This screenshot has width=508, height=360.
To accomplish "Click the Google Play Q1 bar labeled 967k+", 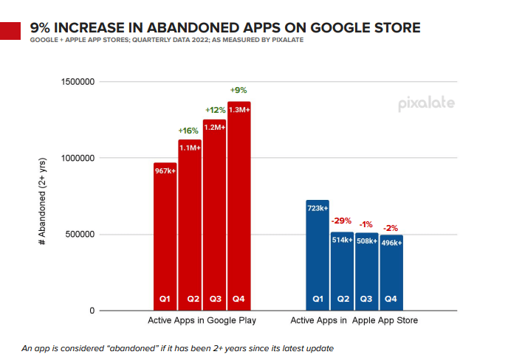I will click(165, 236).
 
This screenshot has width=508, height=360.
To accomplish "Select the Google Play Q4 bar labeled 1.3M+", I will click(239, 206).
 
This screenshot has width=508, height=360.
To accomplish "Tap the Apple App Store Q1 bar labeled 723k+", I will click(317, 255).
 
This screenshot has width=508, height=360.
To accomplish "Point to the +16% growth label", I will click(190, 131).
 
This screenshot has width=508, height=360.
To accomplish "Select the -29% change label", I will click(342, 220).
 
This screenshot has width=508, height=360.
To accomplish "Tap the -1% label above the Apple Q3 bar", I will click(367, 224).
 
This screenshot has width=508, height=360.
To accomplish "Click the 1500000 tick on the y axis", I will click(75, 82).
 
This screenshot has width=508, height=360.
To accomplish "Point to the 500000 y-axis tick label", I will click(78, 235).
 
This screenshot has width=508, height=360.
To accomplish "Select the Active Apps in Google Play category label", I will click(202, 321).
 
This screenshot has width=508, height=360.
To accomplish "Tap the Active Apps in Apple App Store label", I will click(354, 321).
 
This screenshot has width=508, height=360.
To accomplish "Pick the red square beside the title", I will click(11, 32).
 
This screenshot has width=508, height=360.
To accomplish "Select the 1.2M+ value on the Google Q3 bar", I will click(215, 128).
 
